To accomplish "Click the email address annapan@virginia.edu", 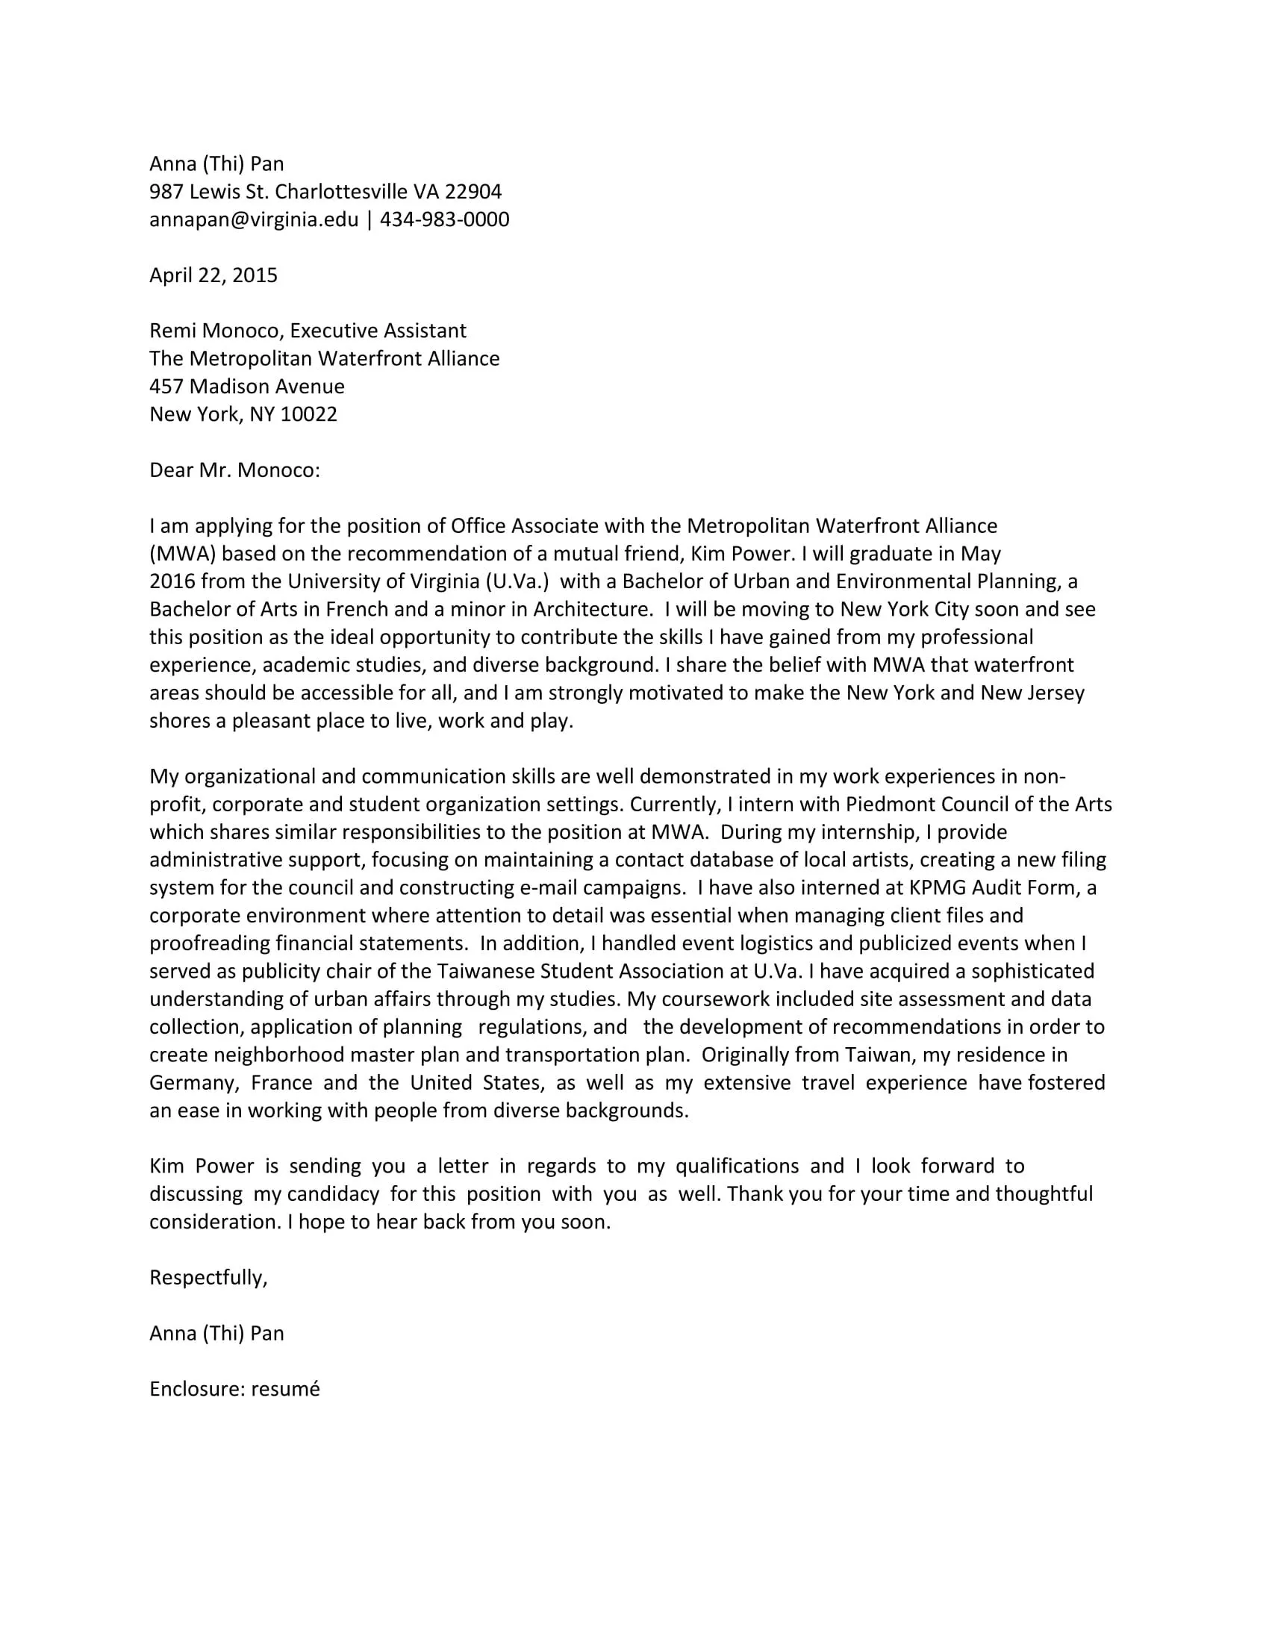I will (253, 219).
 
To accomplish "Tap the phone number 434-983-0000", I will (444, 219).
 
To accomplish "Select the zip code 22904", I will (473, 192).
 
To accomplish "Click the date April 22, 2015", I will (213, 275).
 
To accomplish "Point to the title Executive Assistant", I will (378, 331).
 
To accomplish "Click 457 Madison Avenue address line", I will (246, 387).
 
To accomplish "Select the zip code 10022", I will (308, 414).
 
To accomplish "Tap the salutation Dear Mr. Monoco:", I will (234, 470).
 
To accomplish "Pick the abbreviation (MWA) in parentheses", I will (183, 553).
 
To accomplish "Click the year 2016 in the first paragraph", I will (172, 581).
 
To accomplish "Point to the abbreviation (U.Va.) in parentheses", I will (517, 581).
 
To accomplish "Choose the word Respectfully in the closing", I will (207, 1277).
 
